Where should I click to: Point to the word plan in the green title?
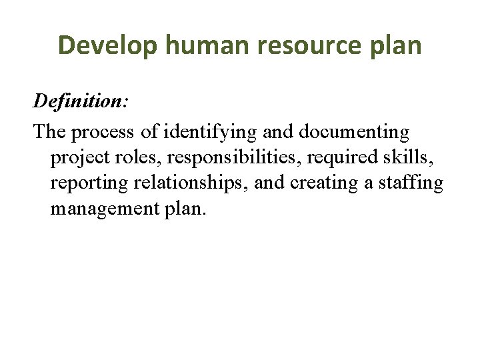coord(397,45)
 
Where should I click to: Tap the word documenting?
coord(354,132)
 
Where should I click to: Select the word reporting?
coord(84,183)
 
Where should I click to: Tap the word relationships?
coord(187,183)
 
